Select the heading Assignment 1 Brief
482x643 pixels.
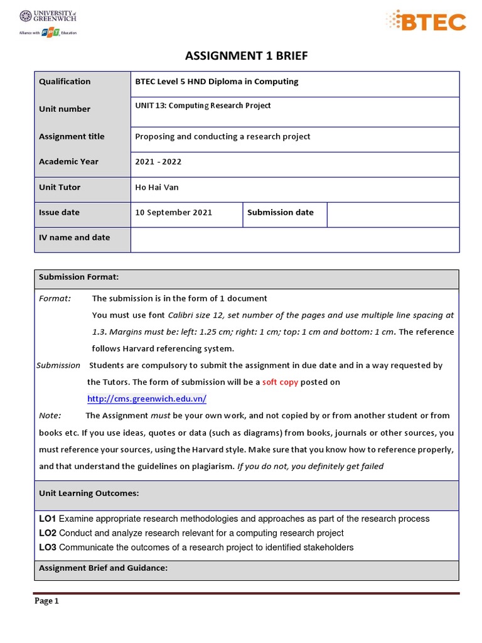coord(247,57)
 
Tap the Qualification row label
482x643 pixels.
coord(65,82)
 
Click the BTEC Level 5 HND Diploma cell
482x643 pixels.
coord(217,82)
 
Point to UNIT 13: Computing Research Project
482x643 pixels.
coord(203,105)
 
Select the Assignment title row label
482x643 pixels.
coord(72,136)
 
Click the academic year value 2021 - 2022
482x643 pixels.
coord(158,161)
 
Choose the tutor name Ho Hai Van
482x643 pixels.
coord(157,187)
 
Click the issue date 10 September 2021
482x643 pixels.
coord(173,212)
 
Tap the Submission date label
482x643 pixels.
coord(280,212)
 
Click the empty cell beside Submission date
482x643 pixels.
coord(393,214)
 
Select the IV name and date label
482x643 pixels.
coord(74,237)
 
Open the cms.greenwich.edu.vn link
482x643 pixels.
coord(146,399)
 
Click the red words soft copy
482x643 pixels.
coord(280,382)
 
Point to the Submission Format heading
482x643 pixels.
coord(78,277)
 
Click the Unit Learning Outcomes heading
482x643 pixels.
coord(88,494)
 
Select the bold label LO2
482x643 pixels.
coord(48,533)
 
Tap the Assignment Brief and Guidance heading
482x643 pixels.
coord(103,568)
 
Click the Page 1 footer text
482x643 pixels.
coord(46,601)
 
